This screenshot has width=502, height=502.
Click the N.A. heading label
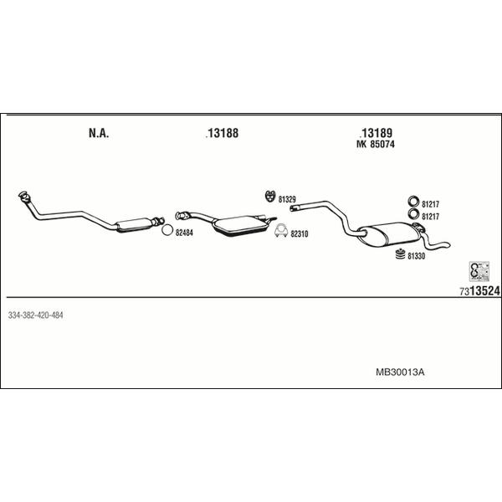coord(99,133)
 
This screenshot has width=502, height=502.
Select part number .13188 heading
coord(223,133)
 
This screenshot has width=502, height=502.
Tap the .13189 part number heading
coord(376,133)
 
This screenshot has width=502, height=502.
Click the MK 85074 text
coord(376,145)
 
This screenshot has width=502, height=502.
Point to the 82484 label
coord(184,233)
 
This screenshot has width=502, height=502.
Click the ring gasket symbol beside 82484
coord(167,230)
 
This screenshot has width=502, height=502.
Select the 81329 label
coord(287,199)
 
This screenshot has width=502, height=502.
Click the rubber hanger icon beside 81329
coord(270,197)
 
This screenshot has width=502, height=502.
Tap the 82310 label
coord(299,234)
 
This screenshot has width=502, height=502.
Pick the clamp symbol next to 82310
coord(281,231)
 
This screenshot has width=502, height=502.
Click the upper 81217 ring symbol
coord(413,202)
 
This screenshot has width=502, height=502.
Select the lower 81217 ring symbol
coord(413,214)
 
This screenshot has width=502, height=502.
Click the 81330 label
coord(416,256)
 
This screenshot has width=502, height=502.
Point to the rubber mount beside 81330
coord(400,254)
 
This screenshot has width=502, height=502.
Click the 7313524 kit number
coord(479,291)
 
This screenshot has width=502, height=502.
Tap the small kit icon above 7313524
coord(479,271)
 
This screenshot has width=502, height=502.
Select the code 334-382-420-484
coord(35,315)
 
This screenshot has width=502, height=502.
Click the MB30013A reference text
coord(400,372)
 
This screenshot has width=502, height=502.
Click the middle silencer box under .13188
coord(240,226)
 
